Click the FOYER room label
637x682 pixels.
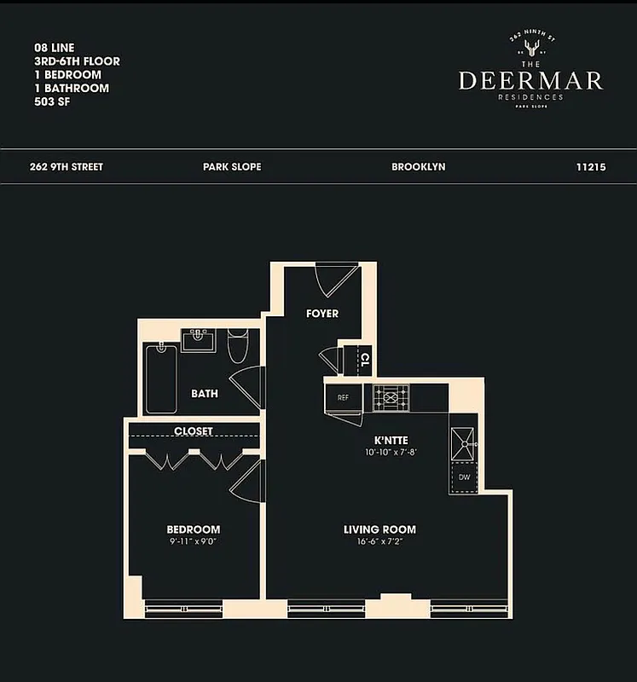(322, 314)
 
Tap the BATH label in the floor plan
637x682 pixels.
(204, 394)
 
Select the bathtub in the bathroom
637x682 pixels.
(161, 379)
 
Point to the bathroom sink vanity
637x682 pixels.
(199, 341)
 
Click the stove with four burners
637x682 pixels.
(390, 397)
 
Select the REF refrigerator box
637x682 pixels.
(343, 397)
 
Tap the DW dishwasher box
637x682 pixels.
(464, 477)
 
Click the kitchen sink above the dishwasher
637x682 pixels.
(464, 441)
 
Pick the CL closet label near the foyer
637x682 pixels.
(364, 359)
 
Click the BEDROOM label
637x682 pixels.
(194, 529)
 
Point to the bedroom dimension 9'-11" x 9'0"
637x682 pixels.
(194, 542)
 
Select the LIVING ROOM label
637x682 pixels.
(379, 529)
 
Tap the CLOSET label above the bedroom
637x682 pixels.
(194, 431)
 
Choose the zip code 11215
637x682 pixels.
(591, 167)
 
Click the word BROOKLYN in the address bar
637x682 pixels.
(418, 167)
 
